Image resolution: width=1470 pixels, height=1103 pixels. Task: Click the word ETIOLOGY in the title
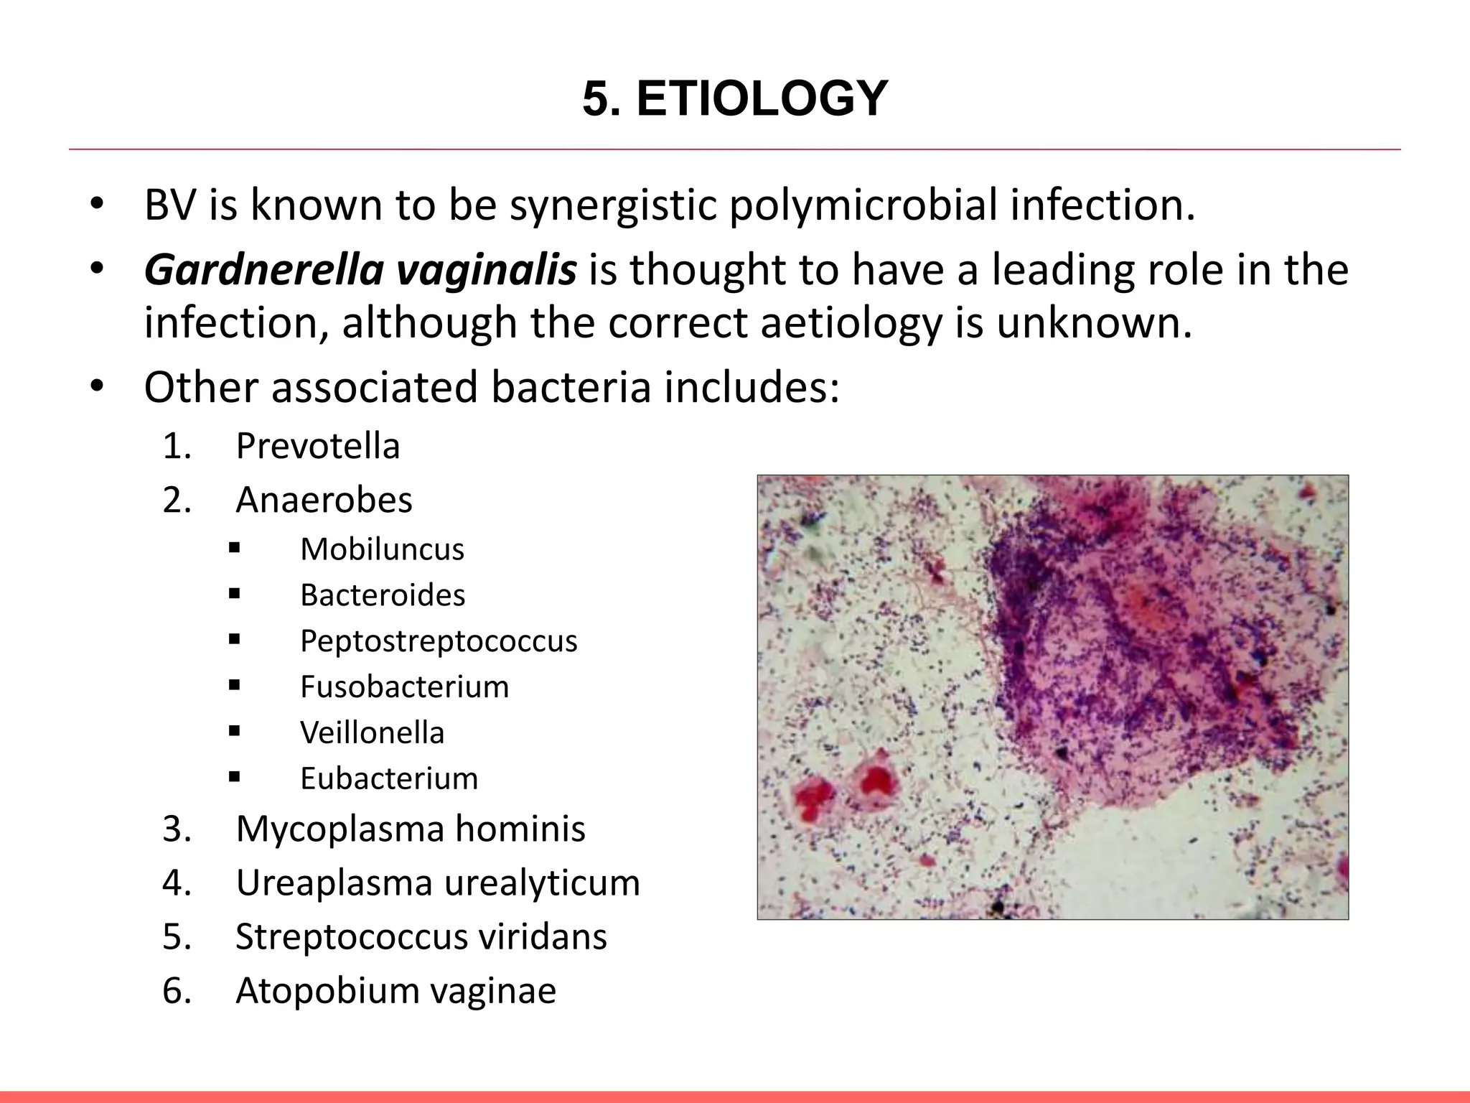coord(762,98)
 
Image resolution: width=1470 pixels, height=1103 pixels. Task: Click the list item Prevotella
coord(317,446)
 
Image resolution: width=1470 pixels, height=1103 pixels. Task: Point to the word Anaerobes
coord(324,500)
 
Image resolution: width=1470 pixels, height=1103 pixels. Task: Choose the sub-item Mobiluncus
coord(382,549)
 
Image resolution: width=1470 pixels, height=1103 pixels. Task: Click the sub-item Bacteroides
coord(383,595)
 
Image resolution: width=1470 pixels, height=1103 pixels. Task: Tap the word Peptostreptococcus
coord(439,641)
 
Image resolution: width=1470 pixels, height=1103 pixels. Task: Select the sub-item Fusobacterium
coord(404,687)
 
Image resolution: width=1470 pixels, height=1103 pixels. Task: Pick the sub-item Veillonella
coord(372,733)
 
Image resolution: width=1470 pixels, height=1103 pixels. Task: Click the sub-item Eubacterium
coord(388,779)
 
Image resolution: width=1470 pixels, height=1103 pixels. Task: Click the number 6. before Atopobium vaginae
coord(177,991)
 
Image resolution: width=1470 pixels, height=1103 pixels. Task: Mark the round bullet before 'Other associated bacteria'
coord(97,387)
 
